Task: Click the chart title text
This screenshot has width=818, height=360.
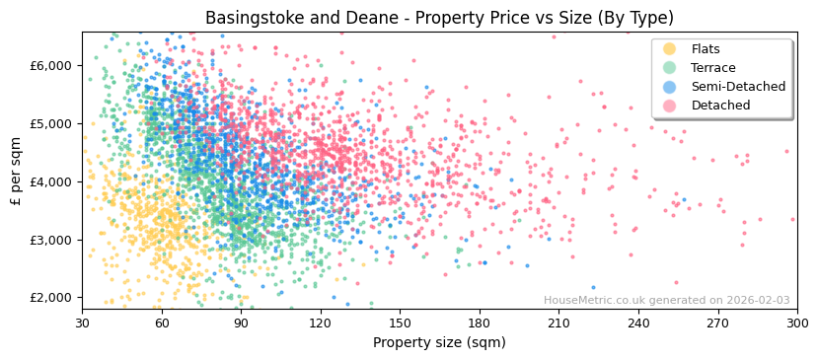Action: pyautogui.click(x=439, y=18)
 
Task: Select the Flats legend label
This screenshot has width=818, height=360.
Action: pyautogui.click(x=706, y=49)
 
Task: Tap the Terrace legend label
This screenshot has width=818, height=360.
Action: pyautogui.click(x=712, y=68)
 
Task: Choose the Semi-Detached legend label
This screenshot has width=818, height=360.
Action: pyautogui.click(x=738, y=87)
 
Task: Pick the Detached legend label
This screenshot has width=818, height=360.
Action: pyautogui.click(x=720, y=106)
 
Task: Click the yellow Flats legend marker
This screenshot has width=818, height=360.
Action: pyautogui.click(x=670, y=49)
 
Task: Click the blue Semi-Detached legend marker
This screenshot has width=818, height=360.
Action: pyautogui.click(x=670, y=87)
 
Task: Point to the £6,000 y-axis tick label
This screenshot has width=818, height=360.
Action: pyautogui.click(x=51, y=66)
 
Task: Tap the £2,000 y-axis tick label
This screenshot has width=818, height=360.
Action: pyautogui.click(x=51, y=298)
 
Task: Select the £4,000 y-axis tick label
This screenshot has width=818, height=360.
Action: pyautogui.click(x=51, y=182)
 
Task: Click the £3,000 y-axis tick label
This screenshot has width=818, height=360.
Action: pyautogui.click(x=51, y=241)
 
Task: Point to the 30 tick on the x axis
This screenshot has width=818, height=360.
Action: pyautogui.click(x=82, y=323)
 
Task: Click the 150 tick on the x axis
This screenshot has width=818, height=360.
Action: pyautogui.click(x=400, y=323)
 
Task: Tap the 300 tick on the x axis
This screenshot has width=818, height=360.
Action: pyautogui.click(x=797, y=323)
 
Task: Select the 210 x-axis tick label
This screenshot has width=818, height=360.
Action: pyautogui.click(x=558, y=323)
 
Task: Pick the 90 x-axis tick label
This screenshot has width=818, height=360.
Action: pyautogui.click(x=241, y=323)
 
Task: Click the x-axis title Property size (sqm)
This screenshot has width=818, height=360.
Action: pyautogui.click(x=439, y=343)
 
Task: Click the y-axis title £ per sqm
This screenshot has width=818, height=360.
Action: pyautogui.click(x=17, y=172)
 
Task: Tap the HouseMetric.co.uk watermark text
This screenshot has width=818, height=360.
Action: pyautogui.click(x=666, y=301)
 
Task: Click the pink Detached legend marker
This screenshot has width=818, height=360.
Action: pyautogui.click(x=670, y=106)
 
